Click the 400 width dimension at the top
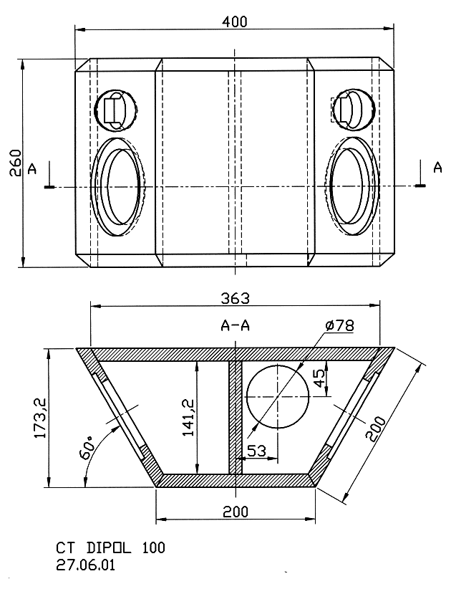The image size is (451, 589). [235, 21]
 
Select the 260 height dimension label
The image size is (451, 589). [15, 163]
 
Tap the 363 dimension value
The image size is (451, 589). [235, 298]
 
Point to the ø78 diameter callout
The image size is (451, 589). [340, 325]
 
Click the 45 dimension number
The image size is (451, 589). [319, 378]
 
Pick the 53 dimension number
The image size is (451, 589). [257, 451]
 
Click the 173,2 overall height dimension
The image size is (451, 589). [40, 418]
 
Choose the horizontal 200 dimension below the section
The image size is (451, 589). [236, 512]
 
